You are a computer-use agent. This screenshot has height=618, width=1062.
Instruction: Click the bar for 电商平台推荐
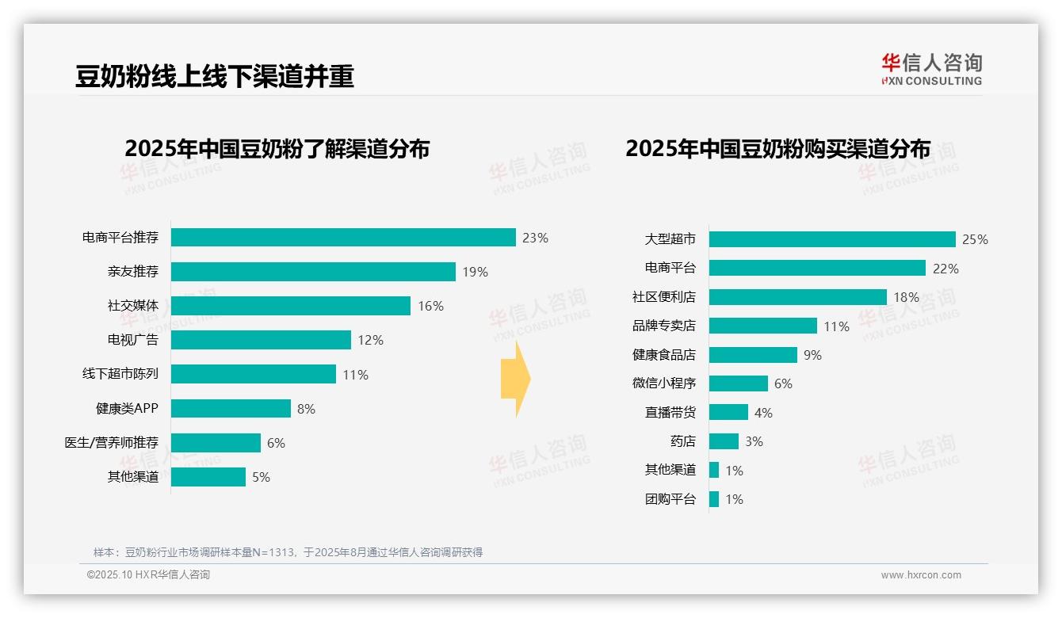tap(343, 238)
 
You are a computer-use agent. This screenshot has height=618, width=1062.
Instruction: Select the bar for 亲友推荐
tap(313, 272)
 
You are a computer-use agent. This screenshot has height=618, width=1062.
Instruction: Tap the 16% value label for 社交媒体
tap(430, 306)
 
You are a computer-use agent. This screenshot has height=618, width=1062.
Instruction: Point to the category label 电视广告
tap(133, 340)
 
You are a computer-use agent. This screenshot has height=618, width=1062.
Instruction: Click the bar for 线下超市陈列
tap(254, 374)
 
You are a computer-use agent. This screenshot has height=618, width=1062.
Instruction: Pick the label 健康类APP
tap(127, 409)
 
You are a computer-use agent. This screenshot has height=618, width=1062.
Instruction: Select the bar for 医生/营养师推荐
tap(216, 443)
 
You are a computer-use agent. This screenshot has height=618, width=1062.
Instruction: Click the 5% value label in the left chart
tap(261, 477)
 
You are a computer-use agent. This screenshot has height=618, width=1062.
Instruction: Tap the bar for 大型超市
tap(832, 239)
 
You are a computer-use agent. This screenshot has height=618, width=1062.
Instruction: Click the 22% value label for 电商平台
tap(945, 269)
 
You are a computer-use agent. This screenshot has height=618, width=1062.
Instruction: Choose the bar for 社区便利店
tap(797, 297)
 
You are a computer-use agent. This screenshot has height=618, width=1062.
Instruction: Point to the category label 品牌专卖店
tap(664, 326)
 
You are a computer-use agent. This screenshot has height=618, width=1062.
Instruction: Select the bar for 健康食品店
tap(753, 355)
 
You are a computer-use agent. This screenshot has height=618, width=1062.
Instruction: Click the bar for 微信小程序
tap(738, 383)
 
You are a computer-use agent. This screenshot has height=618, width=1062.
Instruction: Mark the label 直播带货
tap(670, 413)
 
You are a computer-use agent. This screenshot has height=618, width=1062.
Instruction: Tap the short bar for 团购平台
tap(714, 499)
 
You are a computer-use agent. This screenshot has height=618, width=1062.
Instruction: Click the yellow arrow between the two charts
tap(515, 380)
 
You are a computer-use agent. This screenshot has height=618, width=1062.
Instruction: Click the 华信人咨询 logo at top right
tap(931, 69)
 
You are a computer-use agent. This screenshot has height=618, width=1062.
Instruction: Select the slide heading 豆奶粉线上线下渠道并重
tap(214, 76)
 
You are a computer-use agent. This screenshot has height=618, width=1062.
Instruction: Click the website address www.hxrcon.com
tap(921, 575)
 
